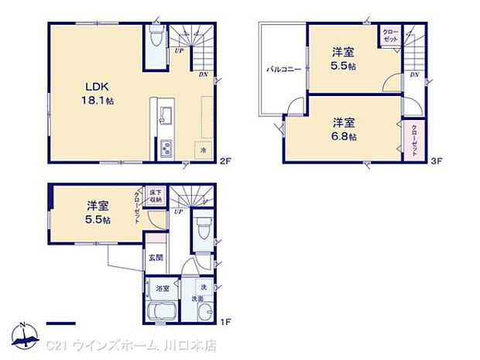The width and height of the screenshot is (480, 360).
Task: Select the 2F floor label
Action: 225,161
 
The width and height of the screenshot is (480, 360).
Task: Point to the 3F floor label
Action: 436,161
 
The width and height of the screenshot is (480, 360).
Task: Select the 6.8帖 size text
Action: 345,136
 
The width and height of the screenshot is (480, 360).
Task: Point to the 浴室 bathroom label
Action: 162,289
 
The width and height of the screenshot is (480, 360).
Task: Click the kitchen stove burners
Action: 166,149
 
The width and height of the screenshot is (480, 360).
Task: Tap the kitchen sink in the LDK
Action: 165,116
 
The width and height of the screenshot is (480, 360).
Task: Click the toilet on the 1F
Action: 203,229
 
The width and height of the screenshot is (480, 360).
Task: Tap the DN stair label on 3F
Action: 414,74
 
